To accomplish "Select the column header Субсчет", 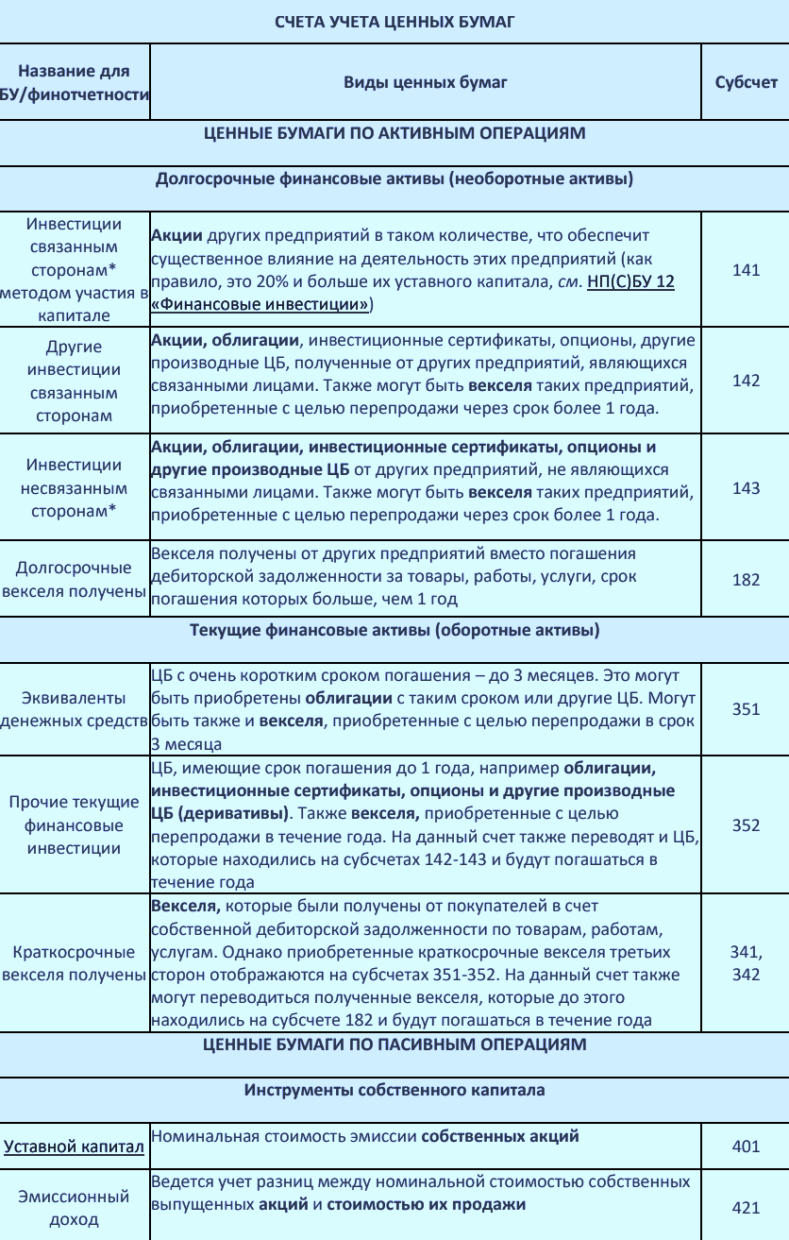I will (x=746, y=82).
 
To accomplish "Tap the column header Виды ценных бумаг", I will (x=425, y=82).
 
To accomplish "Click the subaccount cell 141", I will (x=746, y=270).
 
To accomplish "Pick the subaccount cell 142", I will (x=746, y=380).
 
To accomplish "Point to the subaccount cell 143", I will (x=746, y=488).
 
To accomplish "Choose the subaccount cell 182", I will (x=746, y=579).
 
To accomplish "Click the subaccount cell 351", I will (x=746, y=709).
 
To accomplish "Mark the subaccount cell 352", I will (x=746, y=824).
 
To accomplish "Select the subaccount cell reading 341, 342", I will (x=746, y=963).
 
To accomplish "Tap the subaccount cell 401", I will (x=746, y=1147).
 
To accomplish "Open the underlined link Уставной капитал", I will (x=75, y=1147).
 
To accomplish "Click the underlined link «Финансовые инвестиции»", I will (x=260, y=304).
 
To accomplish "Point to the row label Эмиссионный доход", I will (x=75, y=1208).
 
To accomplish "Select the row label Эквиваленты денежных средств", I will (x=75, y=709).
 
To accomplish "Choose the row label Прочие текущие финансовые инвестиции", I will (x=75, y=824).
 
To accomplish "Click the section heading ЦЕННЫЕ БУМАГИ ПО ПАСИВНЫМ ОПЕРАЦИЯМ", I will (x=394, y=1044).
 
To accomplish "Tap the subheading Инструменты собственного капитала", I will (x=394, y=1090).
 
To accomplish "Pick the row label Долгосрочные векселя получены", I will (x=75, y=580).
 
